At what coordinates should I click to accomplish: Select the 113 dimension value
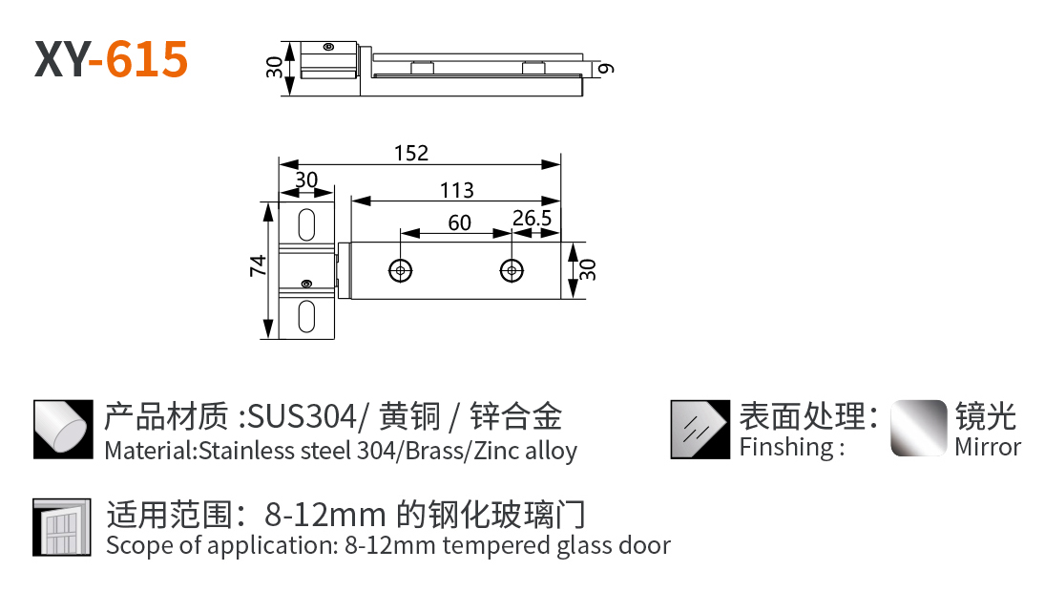coord(456,191)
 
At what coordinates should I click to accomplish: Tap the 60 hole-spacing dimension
coord(459,222)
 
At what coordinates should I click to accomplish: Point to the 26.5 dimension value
coord(532,219)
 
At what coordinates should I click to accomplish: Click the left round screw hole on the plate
coord(401,270)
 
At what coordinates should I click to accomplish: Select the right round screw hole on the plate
coord(513,270)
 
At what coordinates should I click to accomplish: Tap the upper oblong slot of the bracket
coord(307,224)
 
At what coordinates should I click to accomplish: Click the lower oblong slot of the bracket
coord(307,316)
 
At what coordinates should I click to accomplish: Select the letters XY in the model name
coord(61,59)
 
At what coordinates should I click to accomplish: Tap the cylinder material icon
coord(62,430)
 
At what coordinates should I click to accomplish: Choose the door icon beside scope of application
coord(62,527)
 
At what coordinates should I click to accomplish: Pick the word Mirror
coord(988,447)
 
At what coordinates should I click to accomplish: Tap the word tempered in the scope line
coord(492,546)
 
